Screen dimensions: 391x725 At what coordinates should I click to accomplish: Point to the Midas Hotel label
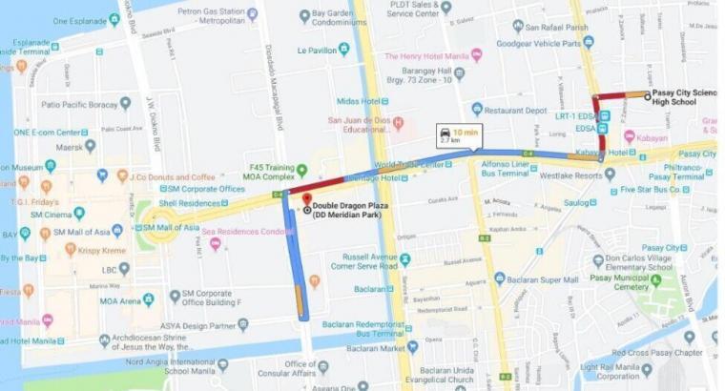click(x=359, y=100)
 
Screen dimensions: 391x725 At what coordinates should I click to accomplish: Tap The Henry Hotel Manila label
click(x=421, y=55)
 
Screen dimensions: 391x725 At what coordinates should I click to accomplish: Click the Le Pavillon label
click(x=318, y=50)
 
